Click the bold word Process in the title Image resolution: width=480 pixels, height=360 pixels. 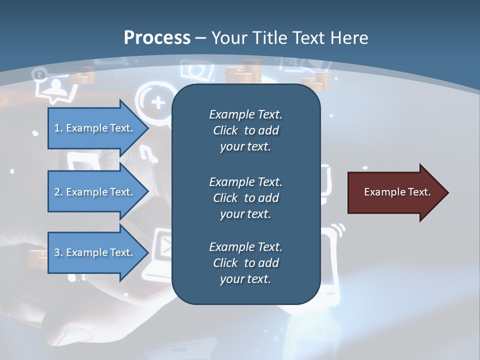coord(157,38)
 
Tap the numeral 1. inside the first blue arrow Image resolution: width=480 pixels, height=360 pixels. coord(58,128)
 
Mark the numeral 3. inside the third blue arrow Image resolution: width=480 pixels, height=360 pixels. coord(58,252)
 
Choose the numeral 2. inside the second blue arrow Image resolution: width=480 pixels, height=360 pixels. coord(58,192)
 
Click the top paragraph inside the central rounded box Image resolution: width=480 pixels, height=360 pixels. coord(245,130)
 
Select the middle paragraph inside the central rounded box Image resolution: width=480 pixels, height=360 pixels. coord(245,197)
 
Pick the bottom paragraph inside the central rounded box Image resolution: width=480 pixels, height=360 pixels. coord(245,263)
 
